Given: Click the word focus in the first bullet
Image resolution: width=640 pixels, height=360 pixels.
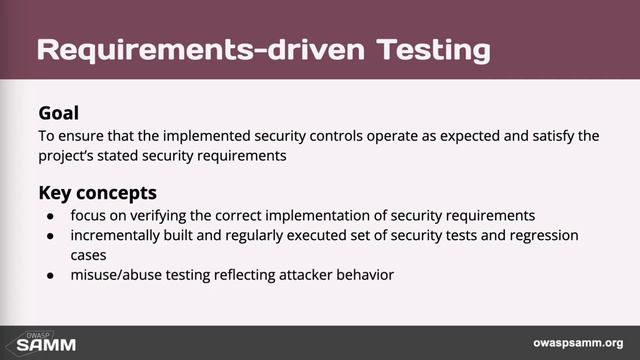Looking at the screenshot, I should (x=88, y=215).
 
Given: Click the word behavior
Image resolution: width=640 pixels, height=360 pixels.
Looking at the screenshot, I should (x=367, y=272).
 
